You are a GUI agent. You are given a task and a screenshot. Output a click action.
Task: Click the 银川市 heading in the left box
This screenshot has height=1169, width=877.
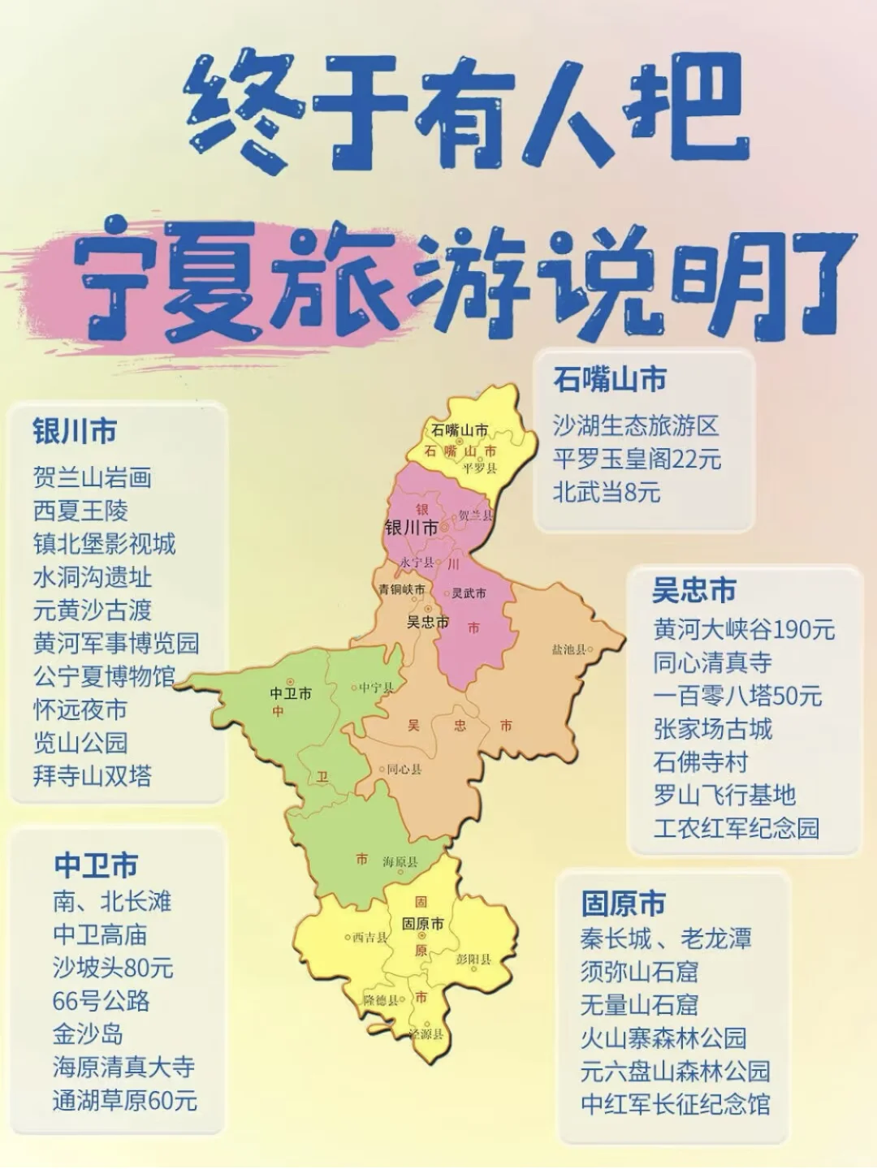75,431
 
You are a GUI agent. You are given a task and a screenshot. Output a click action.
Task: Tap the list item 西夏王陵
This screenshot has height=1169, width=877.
80,511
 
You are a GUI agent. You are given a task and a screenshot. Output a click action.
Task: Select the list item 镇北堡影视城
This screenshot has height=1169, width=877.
104,544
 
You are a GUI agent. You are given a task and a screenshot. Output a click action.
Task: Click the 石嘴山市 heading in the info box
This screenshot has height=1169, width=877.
610,379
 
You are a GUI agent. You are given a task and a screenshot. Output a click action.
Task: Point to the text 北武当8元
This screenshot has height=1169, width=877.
607,492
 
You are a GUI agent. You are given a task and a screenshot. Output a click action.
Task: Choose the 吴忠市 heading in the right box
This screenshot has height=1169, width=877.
694,590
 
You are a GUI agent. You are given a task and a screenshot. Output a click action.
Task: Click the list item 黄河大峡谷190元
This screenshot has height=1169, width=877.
744,629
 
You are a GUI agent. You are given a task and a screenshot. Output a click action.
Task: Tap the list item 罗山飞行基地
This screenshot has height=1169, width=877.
724,795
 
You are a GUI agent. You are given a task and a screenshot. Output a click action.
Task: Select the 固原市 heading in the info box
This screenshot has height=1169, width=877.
623,904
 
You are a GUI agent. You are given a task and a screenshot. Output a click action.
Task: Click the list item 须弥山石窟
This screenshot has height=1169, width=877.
639,971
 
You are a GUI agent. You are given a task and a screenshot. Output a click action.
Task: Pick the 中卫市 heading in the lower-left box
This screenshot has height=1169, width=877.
96,865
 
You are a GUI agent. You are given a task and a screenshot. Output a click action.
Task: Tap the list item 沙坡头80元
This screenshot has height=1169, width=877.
113,968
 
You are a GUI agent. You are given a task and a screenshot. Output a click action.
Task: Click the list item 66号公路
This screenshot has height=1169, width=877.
102,1001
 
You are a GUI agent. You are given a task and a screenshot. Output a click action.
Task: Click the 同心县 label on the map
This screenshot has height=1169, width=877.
403,769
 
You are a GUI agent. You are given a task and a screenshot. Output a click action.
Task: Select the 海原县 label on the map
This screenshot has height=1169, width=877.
400,862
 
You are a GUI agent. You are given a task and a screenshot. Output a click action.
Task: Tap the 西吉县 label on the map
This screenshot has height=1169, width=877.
369,938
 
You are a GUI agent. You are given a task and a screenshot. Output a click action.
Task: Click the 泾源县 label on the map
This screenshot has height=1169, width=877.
426,1034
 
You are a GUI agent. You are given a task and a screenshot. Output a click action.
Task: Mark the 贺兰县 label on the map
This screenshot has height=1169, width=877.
474,515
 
